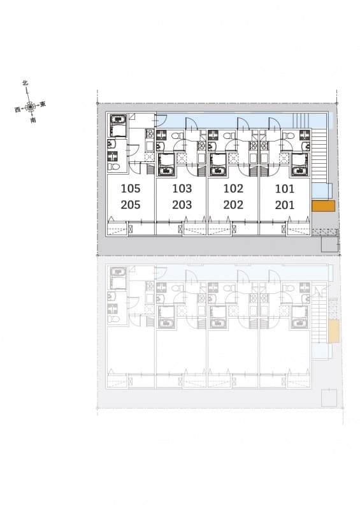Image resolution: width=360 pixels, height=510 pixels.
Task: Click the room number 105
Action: pyautogui.click(x=131, y=188)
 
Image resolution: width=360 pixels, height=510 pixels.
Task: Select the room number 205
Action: pyautogui.click(x=131, y=205)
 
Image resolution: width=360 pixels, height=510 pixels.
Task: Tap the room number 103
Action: pyautogui.click(x=182, y=188)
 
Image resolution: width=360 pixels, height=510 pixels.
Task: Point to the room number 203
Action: pyautogui.click(x=182, y=205)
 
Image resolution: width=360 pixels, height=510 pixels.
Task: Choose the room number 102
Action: pyautogui.click(x=233, y=188)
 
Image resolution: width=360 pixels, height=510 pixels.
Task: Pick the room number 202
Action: pyautogui.click(x=233, y=205)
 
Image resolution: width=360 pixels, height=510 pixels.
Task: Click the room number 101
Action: pyautogui.click(x=285, y=189)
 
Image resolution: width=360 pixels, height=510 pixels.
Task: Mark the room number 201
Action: pyautogui.click(x=285, y=205)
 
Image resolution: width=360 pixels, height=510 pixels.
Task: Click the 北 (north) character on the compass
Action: pyautogui.click(x=25, y=83)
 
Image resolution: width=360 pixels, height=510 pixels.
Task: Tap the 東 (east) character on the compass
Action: pyautogui.click(x=43, y=104)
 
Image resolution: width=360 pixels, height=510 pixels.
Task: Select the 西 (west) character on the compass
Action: pyautogui.click(x=18, y=109)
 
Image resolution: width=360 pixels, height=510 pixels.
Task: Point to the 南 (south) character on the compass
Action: pyautogui.click(x=33, y=120)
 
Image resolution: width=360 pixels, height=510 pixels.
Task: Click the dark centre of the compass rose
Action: pyautogui.click(x=30, y=106)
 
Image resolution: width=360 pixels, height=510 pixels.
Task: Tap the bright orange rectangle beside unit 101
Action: pyautogui.click(x=323, y=206)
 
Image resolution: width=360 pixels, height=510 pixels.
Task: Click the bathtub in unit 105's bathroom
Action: pyautogui.click(x=117, y=125)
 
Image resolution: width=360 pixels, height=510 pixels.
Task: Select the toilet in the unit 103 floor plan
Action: pyautogui.click(x=176, y=135)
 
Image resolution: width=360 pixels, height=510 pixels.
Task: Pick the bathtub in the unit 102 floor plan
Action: pyautogui.click(x=218, y=164)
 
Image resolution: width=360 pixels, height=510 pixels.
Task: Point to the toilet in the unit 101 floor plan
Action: pyautogui.click(x=288, y=135)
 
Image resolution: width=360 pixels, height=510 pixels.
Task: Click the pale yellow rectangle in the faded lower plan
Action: pyautogui.click(x=333, y=331)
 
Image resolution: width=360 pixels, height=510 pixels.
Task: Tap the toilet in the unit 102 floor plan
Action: pyautogui.click(x=229, y=135)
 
